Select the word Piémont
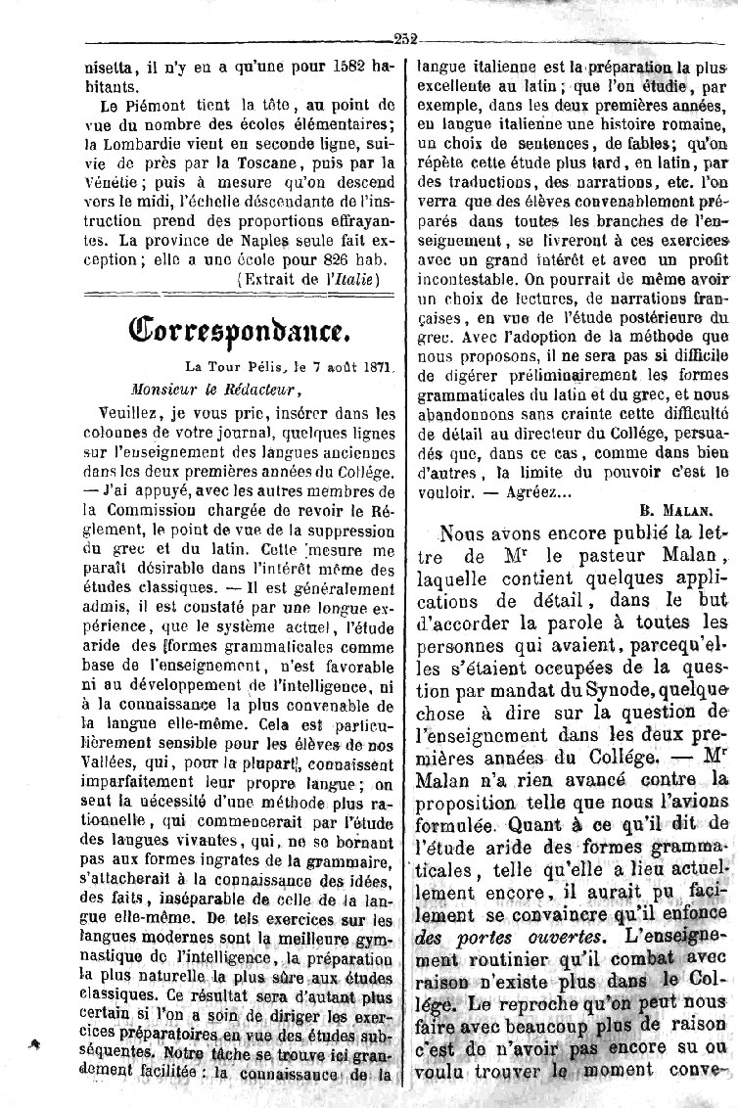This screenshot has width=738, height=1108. pos(158,103)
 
